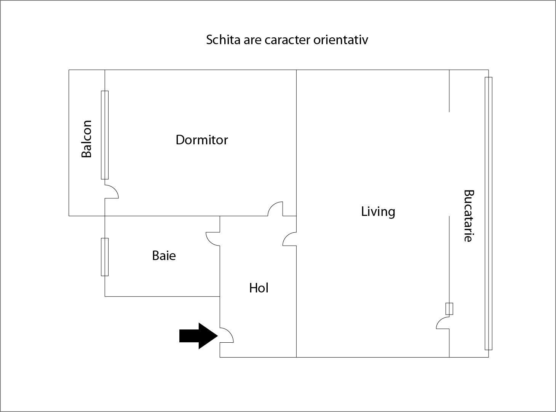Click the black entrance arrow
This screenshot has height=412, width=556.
tap(198, 336)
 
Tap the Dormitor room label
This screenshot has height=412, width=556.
tap(202, 140)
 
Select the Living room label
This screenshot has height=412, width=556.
tap(378, 212)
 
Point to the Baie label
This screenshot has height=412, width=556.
tap(164, 256)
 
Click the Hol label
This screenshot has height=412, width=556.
tap(259, 288)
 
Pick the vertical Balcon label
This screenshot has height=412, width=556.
tap(87, 139)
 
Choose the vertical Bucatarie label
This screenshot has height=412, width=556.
tap(468, 216)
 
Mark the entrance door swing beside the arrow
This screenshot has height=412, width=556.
tap(227, 335)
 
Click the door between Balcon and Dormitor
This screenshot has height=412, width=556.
tap(112, 192)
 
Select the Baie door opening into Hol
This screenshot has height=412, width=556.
tap(213, 239)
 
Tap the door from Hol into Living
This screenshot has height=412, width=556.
tap(289, 239)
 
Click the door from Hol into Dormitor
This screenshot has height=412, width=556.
tap(275, 209)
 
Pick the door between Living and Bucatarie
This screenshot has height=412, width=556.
tap(443, 323)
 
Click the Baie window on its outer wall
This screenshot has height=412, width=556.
tap(105, 257)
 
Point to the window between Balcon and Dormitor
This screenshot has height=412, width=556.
tap(105, 135)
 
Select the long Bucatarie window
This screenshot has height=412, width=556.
tap(488, 213)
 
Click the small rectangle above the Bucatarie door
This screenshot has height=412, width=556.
tap(449, 309)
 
